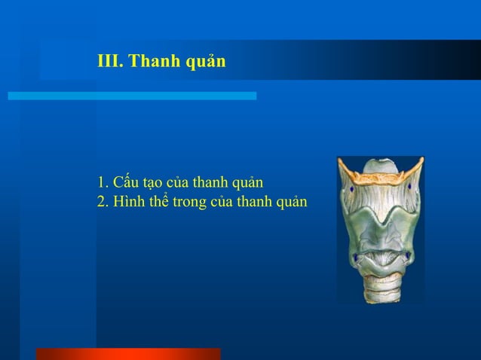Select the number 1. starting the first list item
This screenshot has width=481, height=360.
coord(103,183)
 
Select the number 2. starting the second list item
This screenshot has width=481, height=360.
coord(103,202)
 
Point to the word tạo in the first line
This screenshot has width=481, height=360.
coord(153,183)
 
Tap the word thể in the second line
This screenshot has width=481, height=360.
coord(161,202)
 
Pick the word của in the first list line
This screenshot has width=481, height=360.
coord(180,183)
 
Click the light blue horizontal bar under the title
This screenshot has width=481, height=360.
coord(132,96)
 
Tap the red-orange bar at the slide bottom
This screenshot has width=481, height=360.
coord(128,354)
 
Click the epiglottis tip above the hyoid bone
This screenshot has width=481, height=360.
coord(381,163)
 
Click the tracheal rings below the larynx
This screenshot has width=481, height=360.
coord(381,290)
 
